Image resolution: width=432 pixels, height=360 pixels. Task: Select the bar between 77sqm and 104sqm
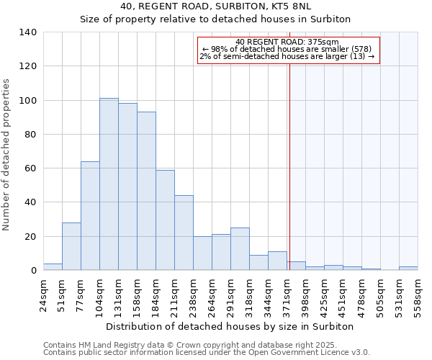(x=90, y=216)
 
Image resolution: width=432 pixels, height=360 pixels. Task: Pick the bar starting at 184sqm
(x=165, y=220)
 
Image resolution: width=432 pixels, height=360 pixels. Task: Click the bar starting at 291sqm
(x=240, y=249)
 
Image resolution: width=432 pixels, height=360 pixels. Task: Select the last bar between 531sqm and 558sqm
(x=408, y=269)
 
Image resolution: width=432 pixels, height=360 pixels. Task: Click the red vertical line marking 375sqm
(x=289, y=158)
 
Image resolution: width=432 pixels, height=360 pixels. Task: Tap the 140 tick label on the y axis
(x=27, y=32)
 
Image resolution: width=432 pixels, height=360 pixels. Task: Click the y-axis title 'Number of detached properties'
(x=6, y=154)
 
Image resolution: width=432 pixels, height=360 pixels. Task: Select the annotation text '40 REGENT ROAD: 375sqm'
(x=287, y=42)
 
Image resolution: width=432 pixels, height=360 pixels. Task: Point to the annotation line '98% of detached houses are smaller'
(x=287, y=49)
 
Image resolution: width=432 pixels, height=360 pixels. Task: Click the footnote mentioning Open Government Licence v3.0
(x=207, y=353)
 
